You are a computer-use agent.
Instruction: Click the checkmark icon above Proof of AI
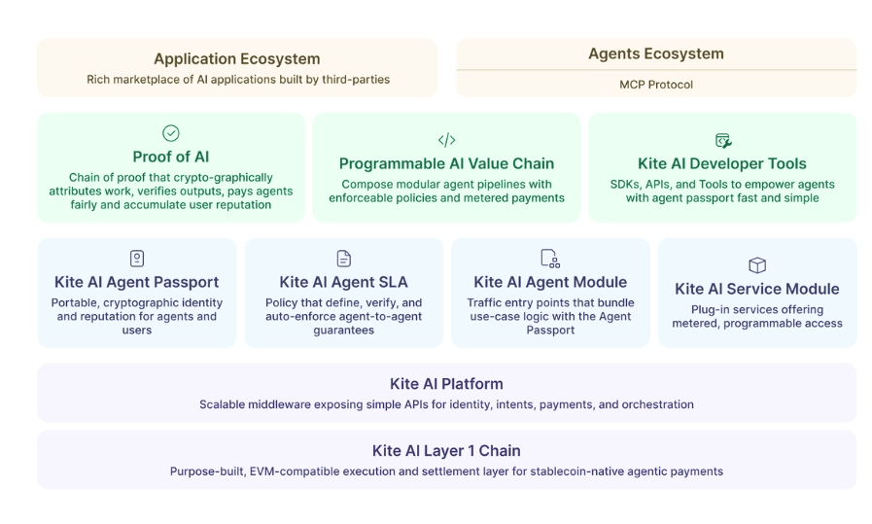(x=171, y=133)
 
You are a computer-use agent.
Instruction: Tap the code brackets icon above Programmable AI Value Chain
(x=446, y=140)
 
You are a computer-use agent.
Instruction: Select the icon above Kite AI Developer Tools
(x=722, y=140)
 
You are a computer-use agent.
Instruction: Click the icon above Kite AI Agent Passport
(x=137, y=258)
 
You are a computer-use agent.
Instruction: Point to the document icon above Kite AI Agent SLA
(x=343, y=258)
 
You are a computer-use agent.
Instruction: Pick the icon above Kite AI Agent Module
(x=549, y=258)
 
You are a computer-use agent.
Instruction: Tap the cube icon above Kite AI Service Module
(x=756, y=264)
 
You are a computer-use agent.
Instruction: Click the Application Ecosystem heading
(x=236, y=59)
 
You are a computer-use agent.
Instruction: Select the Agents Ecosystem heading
(x=656, y=53)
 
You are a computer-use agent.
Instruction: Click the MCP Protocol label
(x=656, y=85)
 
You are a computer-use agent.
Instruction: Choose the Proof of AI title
(x=171, y=157)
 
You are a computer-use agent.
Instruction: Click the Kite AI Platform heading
(x=446, y=383)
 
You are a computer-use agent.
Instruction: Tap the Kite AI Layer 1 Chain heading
(x=446, y=450)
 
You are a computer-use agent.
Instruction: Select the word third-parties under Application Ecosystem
(x=355, y=80)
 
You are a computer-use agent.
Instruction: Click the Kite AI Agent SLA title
(x=343, y=282)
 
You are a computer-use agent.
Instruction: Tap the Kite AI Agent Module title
(x=549, y=282)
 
